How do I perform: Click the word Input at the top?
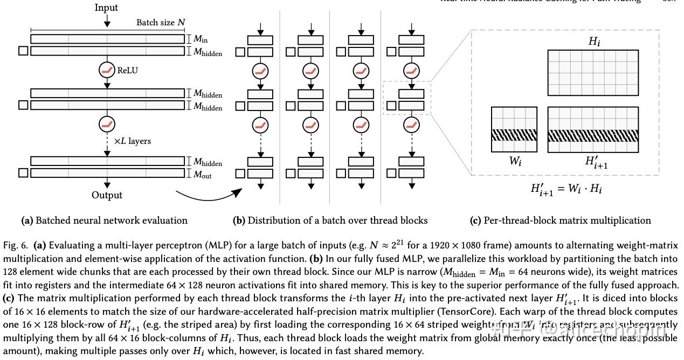point(106,8)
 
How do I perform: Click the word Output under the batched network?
point(107,195)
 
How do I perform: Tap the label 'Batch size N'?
point(160,23)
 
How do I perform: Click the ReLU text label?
point(128,70)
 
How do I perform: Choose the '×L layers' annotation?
point(132,141)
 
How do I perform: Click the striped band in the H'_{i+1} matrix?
point(593,135)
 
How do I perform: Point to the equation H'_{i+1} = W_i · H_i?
point(566,189)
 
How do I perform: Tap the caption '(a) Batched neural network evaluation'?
point(104,220)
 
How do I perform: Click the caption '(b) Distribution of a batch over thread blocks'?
point(330,220)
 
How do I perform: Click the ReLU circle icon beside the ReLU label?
point(107,70)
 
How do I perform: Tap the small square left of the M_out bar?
point(23,173)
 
